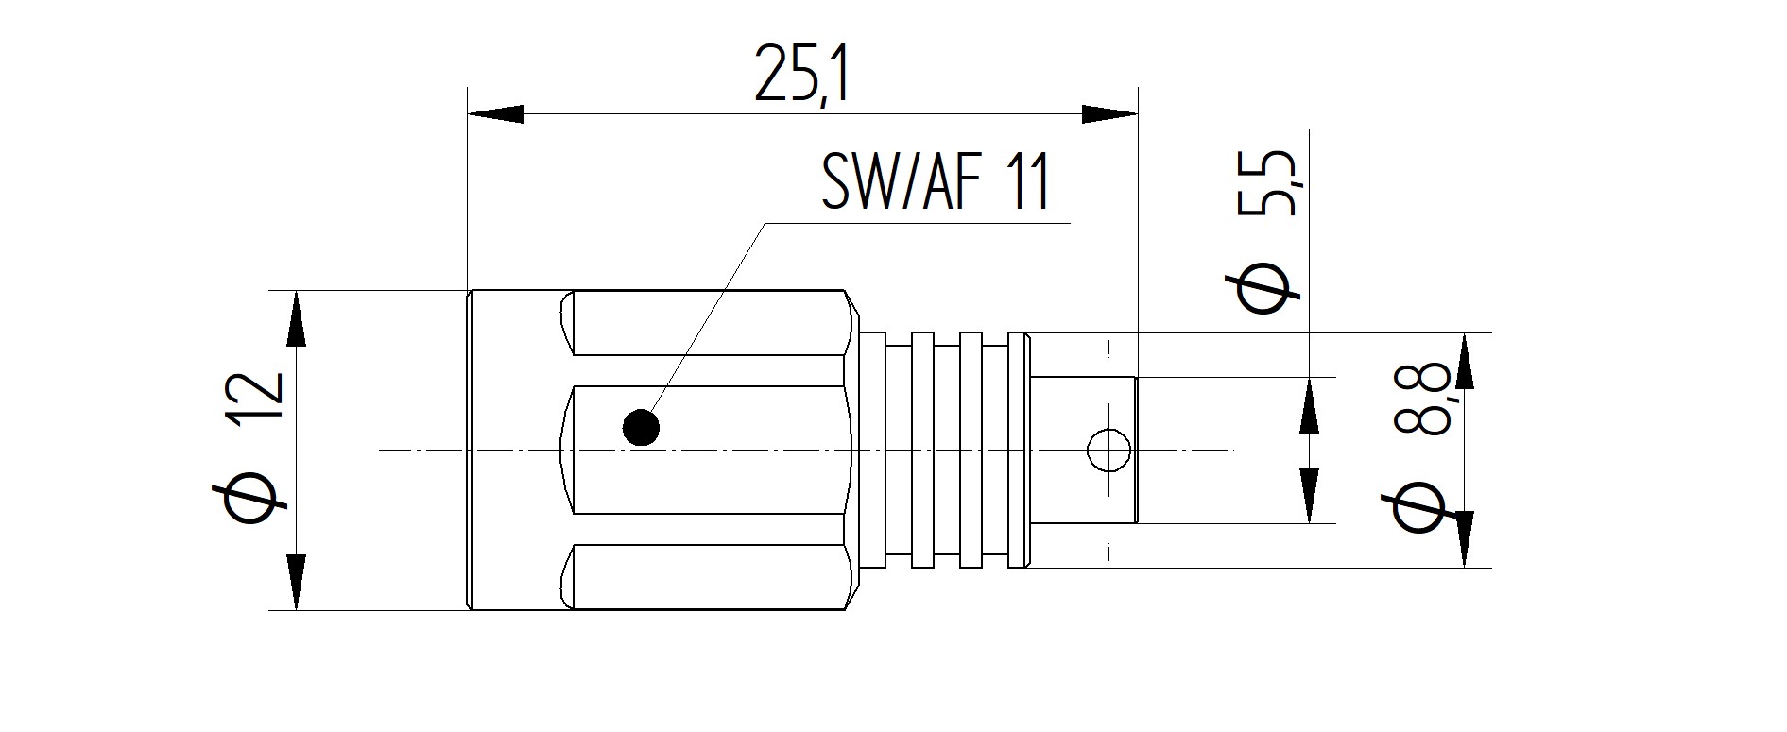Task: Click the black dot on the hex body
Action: point(642,428)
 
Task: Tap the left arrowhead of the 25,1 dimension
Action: point(495,113)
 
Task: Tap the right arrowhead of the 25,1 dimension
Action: point(1109,113)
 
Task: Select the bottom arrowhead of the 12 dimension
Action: point(297,583)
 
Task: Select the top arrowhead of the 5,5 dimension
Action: point(1310,405)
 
